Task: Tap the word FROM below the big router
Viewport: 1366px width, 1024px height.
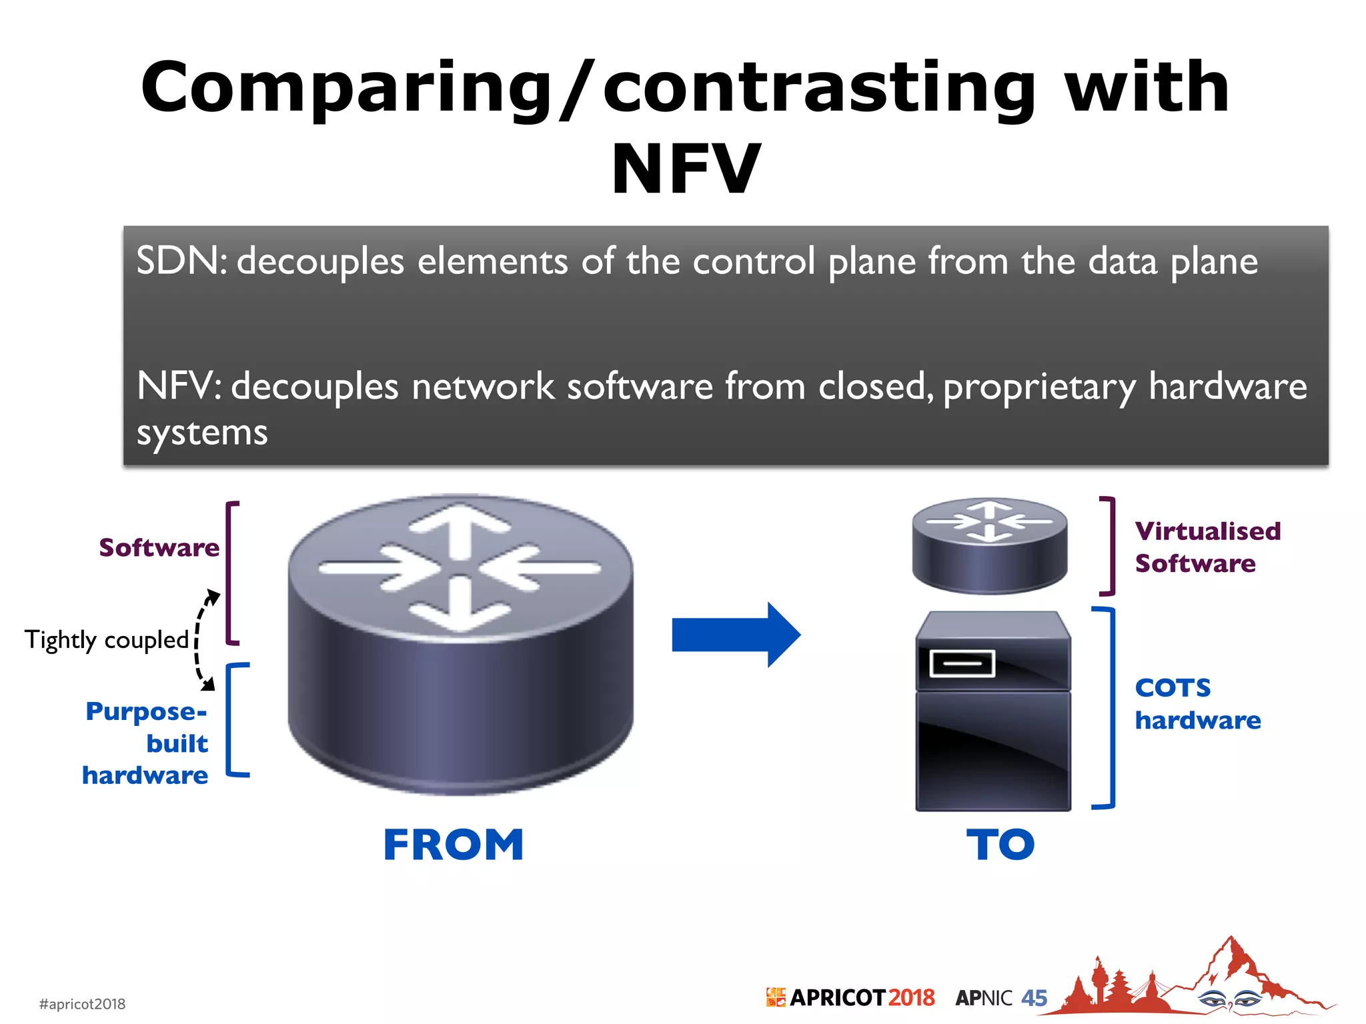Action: tap(454, 845)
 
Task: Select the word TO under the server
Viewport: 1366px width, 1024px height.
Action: tap(1000, 845)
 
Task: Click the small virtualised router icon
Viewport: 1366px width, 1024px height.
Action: tap(989, 545)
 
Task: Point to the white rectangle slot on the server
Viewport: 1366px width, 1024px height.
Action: tap(962, 663)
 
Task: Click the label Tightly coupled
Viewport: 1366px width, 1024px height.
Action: tap(107, 640)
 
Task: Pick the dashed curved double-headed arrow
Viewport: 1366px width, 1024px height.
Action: tap(201, 640)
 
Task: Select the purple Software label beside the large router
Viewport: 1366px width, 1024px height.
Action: tap(159, 547)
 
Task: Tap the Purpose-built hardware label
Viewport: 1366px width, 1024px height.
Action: tap(145, 743)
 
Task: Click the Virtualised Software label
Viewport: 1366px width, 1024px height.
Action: tap(1207, 547)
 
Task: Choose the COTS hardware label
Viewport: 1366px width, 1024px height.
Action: tap(1198, 704)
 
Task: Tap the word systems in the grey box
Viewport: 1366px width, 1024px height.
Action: tap(202, 433)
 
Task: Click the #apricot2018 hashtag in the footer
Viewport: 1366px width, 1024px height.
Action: tap(82, 1004)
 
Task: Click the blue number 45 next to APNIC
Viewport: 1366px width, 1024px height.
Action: tap(1034, 998)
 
